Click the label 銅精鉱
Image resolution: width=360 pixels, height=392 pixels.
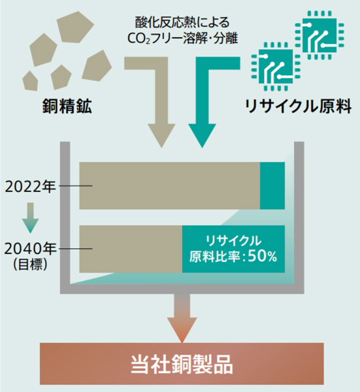(x=67, y=106)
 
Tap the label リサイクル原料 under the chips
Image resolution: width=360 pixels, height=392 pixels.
(x=299, y=106)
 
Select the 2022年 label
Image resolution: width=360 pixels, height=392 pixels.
(x=30, y=186)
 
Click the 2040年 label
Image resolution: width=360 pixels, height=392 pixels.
(x=30, y=249)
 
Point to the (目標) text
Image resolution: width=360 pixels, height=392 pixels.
(x=30, y=264)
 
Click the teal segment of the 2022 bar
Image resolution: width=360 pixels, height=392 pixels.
(x=272, y=186)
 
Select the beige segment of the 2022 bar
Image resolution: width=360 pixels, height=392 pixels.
(x=170, y=186)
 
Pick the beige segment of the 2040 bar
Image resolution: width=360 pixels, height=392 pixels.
(x=131, y=249)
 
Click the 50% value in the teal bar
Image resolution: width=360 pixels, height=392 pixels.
(x=262, y=256)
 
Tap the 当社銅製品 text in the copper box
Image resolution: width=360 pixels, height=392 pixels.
(x=182, y=364)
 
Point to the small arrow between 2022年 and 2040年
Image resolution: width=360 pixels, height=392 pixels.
(x=30, y=218)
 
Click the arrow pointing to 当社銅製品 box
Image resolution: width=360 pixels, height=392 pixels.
(x=182, y=318)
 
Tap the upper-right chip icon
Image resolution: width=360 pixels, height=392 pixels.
(x=319, y=35)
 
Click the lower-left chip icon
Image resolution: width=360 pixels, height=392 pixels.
(x=276, y=67)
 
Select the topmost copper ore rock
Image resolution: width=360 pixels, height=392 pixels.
(x=75, y=27)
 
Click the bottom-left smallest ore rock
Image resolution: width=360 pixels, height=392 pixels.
(x=31, y=81)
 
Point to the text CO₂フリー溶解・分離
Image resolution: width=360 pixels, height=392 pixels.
(x=182, y=39)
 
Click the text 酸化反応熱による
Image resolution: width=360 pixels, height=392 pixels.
(x=182, y=22)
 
